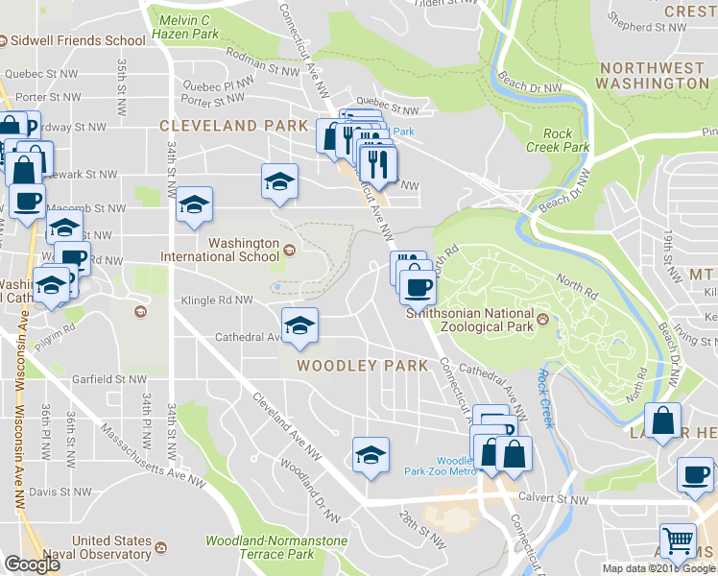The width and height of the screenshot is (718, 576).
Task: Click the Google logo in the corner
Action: [x=32, y=564]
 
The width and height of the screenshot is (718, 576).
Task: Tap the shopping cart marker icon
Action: [x=678, y=541]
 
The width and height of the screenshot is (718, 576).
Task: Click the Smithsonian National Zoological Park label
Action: [x=469, y=320]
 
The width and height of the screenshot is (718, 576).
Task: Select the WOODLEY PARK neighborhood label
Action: [x=363, y=366]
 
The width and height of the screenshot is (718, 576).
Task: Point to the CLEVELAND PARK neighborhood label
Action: [x=235, y=126]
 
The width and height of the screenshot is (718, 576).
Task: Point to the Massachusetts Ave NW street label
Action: [x=144, y=451]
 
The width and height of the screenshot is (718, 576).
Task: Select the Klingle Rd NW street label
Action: [x=217, y=300]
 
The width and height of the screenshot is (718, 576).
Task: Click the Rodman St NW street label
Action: [x=263, y=67]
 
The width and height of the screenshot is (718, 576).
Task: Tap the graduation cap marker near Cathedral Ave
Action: [x=299, y=326]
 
